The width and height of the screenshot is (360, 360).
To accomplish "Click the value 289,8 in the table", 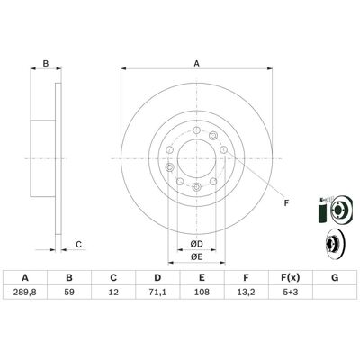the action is pyautogui.click(x=25, y=292).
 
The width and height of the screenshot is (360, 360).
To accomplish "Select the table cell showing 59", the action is pyautogui.click(x=69, y=292).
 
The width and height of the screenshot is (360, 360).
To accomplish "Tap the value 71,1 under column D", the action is pyautogui.click(x=157, y=292).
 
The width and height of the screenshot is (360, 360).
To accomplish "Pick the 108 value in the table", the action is pyautogui.click(x=202, y=292).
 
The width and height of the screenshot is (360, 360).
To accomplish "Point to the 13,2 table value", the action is pyautogui.click(x=246, y=292).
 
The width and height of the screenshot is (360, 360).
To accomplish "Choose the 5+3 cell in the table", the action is pyautogui.click(x=290, y=292).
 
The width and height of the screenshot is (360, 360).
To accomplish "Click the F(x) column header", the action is pyautogui.click(x=290, y=278).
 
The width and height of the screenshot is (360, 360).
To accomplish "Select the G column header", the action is pyautogui.click(x=335, y=278).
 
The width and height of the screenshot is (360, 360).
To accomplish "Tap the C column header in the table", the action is pyautogui.click(x=113, y=278).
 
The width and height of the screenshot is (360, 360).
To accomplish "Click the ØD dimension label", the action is pyautogui.click(x=197, y=244).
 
